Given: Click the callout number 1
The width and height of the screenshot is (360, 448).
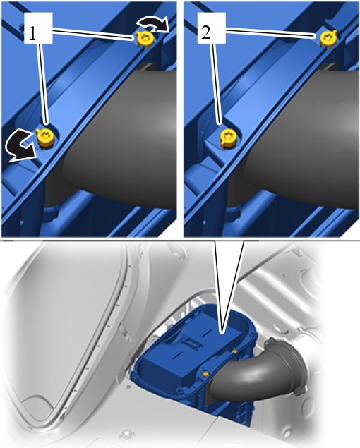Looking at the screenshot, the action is click(32, 33).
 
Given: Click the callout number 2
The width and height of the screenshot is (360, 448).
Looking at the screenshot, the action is click(206, 32).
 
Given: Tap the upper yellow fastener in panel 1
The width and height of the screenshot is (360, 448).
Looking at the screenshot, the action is click(145, 38).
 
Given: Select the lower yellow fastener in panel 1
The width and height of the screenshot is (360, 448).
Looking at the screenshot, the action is click(46, 138).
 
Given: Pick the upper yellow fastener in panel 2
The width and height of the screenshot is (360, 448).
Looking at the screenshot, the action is click(328, 37).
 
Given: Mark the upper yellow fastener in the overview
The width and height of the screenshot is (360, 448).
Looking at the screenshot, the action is click(234, 351).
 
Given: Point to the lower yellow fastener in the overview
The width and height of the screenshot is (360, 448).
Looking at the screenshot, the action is click(205, 373).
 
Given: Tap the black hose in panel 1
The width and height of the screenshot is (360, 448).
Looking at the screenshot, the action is click(123, 137).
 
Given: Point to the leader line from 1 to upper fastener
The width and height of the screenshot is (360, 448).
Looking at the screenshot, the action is click(93, 34).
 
